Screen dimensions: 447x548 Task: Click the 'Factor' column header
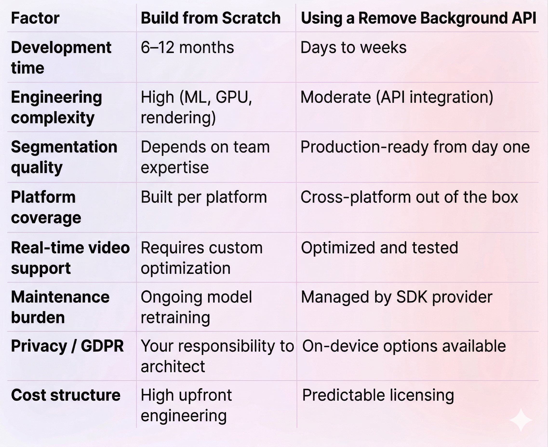click(x=35, y=18)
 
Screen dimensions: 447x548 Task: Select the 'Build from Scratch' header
click(x=210, y=18)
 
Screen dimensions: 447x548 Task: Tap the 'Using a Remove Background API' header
click(x=418, y=18)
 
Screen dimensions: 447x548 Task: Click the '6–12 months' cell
click(x=187, y=48)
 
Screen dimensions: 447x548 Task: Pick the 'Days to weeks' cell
click(x=354, y=48)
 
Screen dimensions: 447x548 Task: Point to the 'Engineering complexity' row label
click(x=56, y=107)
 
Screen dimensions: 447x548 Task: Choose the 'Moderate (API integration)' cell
click(x=397, y=97)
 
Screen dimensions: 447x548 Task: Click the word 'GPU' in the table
click(x=234, y=97)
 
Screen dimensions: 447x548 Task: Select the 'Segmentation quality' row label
click(x=64, y=157)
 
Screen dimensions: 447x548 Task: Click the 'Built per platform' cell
click(x=204, y=197)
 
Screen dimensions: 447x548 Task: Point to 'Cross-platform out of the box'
click(x=409, y=197)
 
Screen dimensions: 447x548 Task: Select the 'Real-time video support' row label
click(x=70, y=258)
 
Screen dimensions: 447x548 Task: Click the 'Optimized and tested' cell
click(x=380, y=248)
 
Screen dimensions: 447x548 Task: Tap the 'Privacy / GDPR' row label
click(x=67, y=346)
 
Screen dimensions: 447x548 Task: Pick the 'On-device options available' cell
click(x=404, y=346)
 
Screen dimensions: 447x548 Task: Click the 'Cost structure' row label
click(x=66, y=395)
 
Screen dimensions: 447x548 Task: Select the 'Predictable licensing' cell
click(x=378, y=395)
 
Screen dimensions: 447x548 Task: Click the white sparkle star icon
click(x=521, y=420)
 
